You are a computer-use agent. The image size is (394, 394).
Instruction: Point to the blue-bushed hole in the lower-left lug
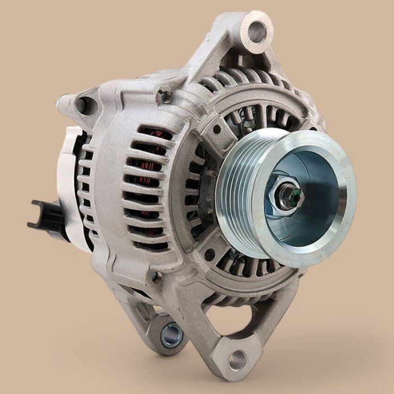(x=172, y=336)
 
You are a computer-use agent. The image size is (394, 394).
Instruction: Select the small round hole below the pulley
(x=209, y=254)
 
